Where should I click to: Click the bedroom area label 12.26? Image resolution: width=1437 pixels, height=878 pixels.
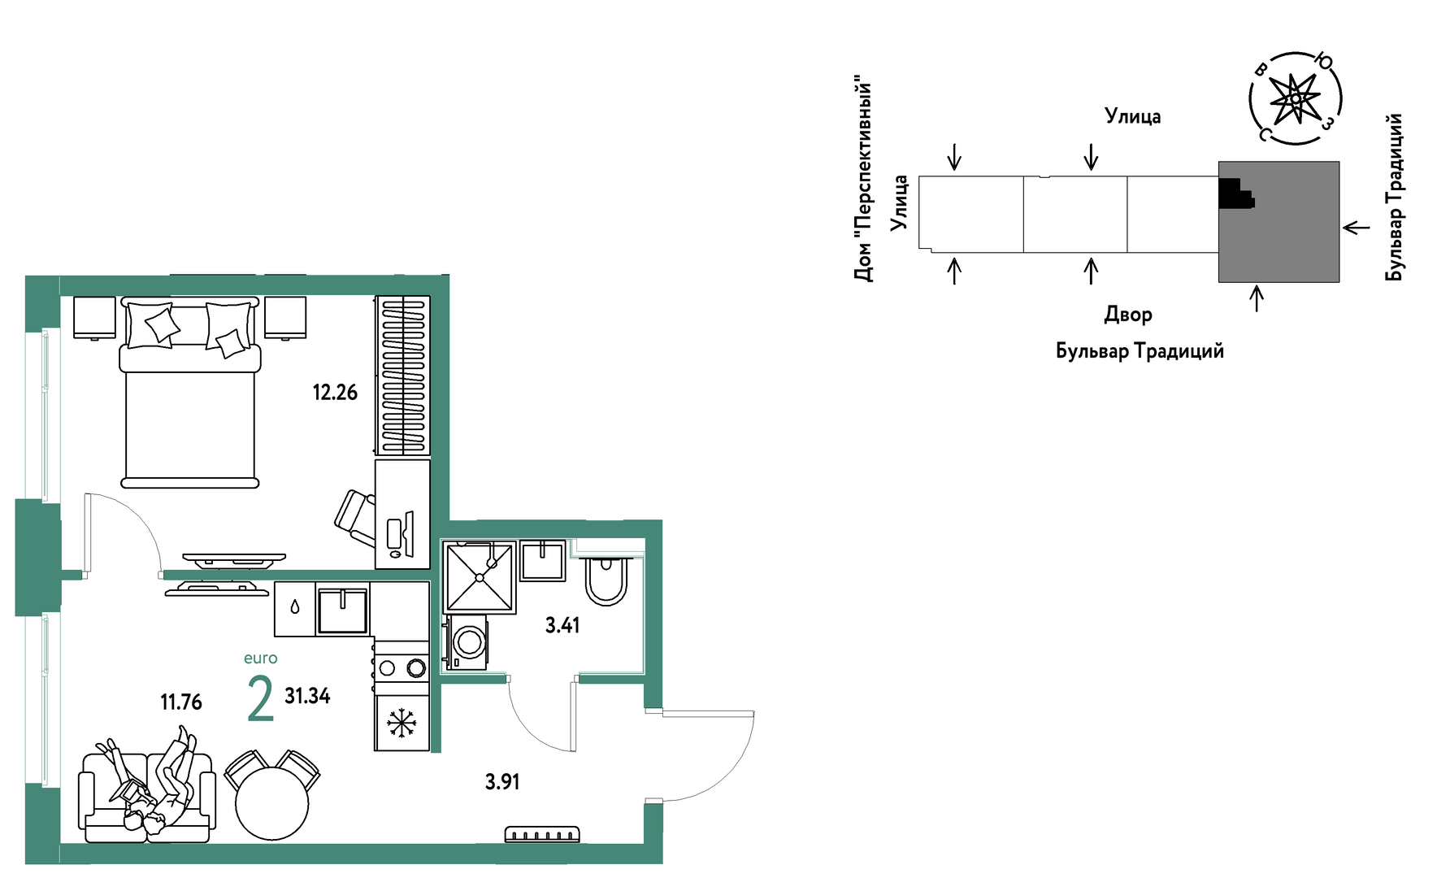click(x=335, y=393)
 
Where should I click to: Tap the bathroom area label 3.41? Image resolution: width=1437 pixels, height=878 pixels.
click(x=562, y=625)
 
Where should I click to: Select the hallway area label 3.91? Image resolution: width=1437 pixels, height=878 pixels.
click(x=502, y=782)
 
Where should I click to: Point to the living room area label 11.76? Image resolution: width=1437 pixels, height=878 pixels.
click(x=181, y=702)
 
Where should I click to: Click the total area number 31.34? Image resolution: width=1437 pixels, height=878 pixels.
click(x=307, y=696)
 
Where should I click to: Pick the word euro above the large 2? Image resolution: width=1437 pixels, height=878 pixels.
click(x=260, y=658)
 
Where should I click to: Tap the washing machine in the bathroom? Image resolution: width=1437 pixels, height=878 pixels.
click(x=467, y=642)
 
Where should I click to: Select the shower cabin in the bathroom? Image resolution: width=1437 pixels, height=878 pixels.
click(x=480, y=577)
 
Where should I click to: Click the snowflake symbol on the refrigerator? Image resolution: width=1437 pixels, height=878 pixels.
click(x=402, y=723)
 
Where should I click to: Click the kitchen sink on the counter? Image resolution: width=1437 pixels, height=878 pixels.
click(x=342, y=610)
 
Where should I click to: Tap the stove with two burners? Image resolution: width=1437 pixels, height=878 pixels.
click(x=402, y=667)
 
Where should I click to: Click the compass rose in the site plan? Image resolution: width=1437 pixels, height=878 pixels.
click(x=1295, y=98)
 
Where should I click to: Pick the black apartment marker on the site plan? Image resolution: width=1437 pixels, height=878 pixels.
click(x=1235, y=193)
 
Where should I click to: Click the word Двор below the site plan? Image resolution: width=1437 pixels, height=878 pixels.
click(x=1128, y=315)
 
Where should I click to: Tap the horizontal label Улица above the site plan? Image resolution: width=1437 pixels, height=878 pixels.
click(x=1132, y=116)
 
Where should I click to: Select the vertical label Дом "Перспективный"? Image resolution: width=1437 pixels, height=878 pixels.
click(x=863, y=179)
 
